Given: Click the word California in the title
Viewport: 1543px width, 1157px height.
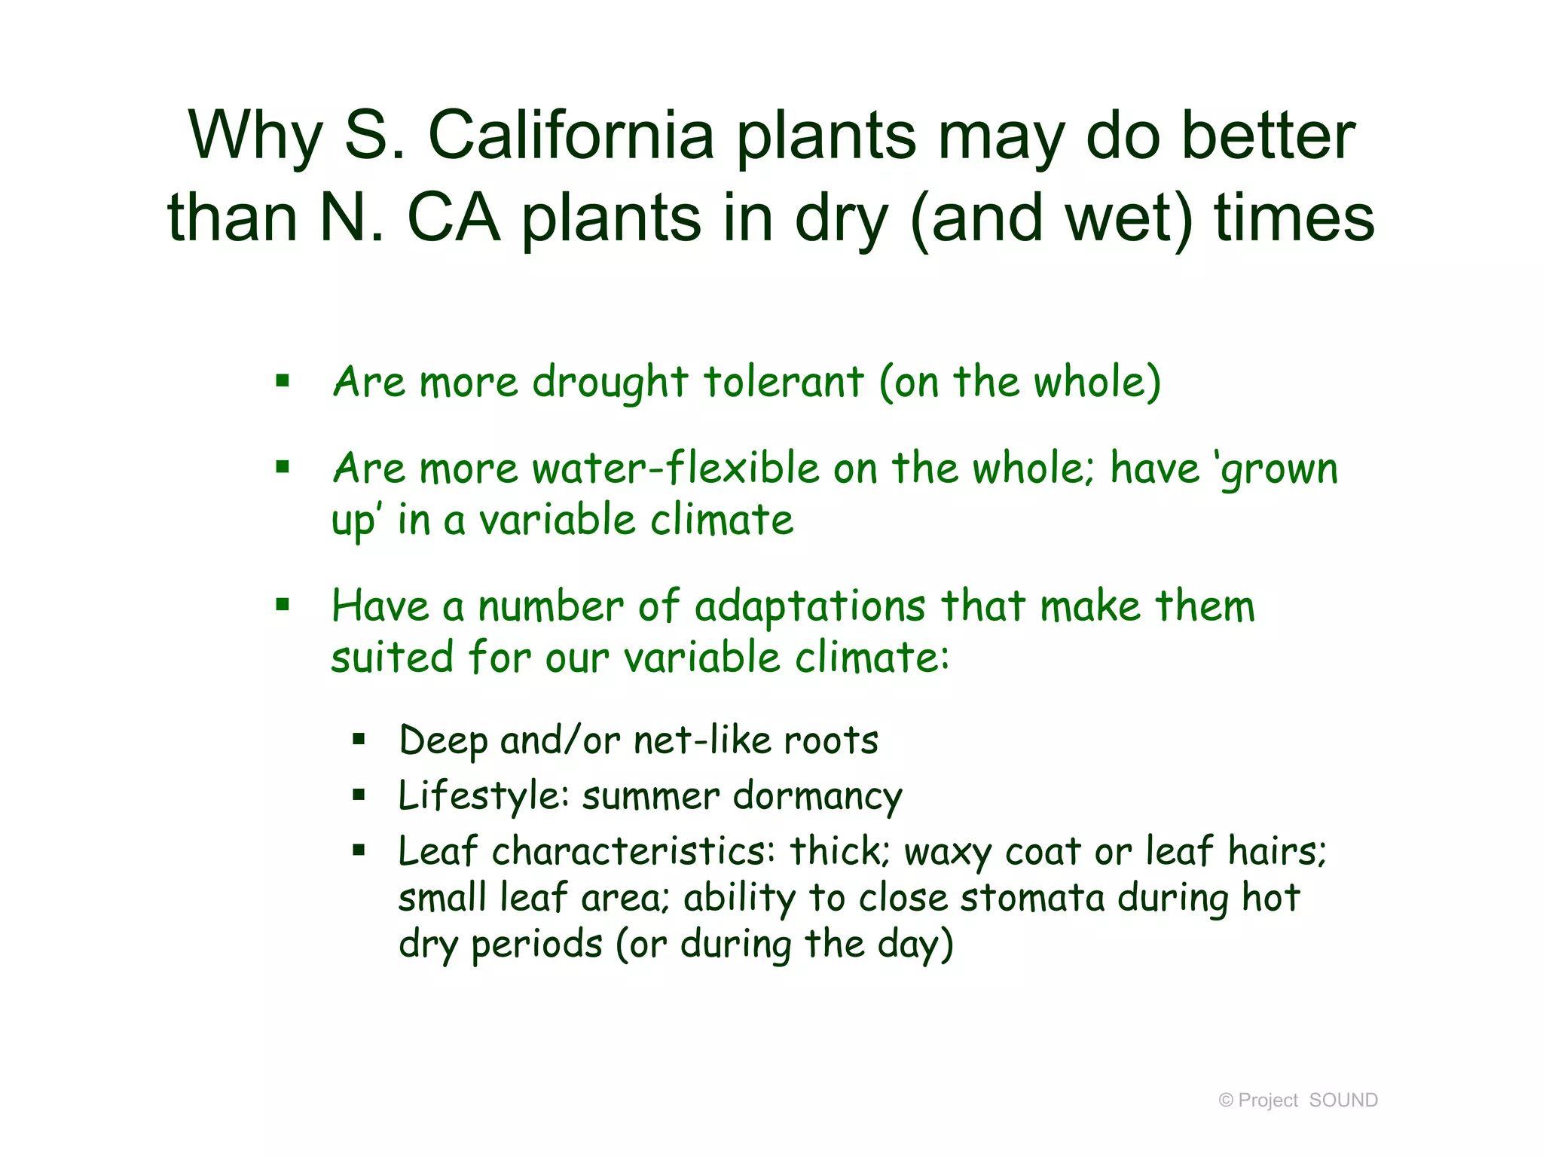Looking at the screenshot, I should (x=570, y=136).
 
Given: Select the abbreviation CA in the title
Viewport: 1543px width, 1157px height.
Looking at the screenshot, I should (x=454, y=218).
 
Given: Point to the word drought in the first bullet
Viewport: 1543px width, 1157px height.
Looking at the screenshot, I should (x=610, y=383).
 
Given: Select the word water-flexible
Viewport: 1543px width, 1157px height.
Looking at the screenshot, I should (x=676, y=468).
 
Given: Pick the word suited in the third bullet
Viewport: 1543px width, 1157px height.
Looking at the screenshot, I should (x=392, y=657).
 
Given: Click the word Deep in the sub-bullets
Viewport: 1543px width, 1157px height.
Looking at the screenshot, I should (x=443, y=741).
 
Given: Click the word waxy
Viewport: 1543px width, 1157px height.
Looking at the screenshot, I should (x=947, y=853).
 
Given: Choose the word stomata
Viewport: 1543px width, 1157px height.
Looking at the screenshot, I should (x=1031, y=898).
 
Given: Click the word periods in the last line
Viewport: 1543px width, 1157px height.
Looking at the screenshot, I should (x=536, y=945).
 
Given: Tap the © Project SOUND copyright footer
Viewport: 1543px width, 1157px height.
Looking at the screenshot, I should (x=1297, y=1100).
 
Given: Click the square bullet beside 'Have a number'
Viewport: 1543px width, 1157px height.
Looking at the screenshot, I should (x=283, y=604).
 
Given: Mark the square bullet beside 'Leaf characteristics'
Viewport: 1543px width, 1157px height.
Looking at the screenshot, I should (x=359, y=851).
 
